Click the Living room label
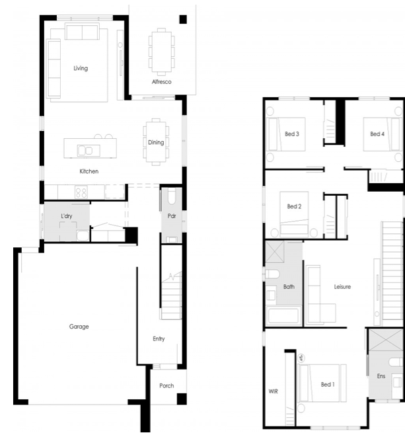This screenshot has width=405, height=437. (81, 68)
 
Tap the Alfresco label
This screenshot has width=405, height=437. (162, 82)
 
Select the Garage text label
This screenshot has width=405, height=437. (79, 327)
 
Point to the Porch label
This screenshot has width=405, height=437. (166, 385)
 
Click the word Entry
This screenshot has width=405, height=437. (159, 338)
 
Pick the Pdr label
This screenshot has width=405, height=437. (172, 216)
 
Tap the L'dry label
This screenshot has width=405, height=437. (67, 216)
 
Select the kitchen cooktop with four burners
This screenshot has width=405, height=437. (81, 192)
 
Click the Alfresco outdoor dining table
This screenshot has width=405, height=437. (162, 52)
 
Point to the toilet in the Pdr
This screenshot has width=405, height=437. (172, 197)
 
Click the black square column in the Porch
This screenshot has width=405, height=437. (182, 399)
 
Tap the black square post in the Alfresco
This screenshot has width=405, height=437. (183, 19)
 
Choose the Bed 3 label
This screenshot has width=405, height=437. (292, 134)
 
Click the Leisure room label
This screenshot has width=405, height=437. (342, 286)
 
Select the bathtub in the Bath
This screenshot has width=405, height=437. (283, 315)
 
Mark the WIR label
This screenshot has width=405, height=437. (274, 391)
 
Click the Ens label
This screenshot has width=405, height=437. (381, 376)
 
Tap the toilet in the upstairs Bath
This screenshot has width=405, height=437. (272, 274)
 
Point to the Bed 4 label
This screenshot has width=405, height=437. (377, 134)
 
